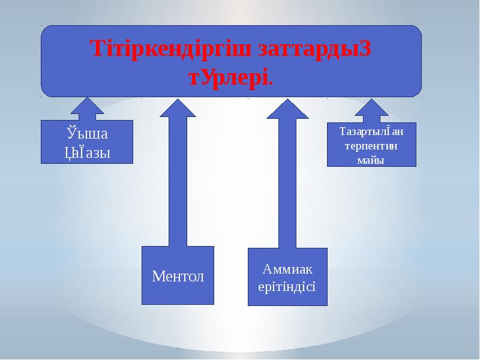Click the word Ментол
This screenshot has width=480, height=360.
coord(178,277)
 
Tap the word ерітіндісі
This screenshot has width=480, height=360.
coord(287,286)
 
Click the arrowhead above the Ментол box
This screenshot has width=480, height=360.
coord(178,107)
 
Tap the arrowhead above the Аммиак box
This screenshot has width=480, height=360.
coord(287,109)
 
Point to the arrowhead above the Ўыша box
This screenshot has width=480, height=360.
coord(87,107)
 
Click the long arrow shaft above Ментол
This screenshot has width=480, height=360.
coord(178,180)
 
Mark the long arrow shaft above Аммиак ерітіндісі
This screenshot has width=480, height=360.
coord(287,180)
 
